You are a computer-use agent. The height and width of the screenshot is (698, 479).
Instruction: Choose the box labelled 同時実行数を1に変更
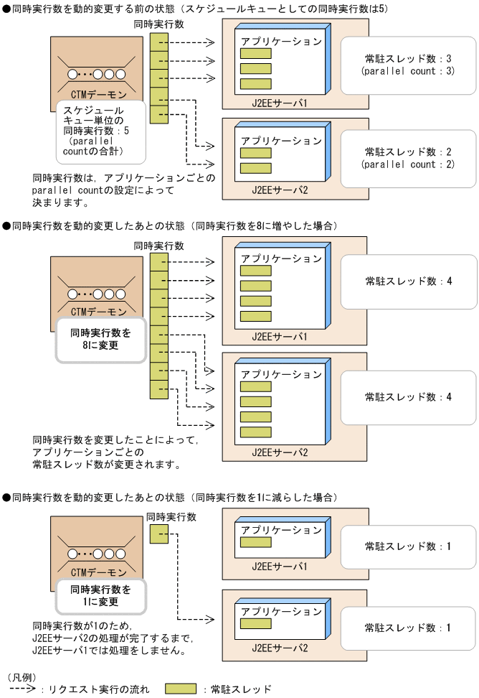click(x=100, y=595)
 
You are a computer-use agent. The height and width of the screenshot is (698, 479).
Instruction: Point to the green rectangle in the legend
click(x=180, y=689)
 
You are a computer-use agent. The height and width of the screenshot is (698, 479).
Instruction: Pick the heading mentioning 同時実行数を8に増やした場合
click(x=169, y=225)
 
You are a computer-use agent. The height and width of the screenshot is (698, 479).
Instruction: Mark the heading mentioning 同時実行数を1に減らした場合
click(x=169, y=497)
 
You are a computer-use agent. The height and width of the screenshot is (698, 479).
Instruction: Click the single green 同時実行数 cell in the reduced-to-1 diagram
click(x=158, y=534)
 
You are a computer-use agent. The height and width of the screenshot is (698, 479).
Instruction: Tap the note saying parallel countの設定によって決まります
click(x=123, y=189)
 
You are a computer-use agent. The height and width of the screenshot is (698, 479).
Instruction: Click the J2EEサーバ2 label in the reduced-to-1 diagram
click(x=279, y=647)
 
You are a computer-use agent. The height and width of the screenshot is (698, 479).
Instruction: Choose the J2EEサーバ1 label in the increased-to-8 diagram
click(x=279, y=336)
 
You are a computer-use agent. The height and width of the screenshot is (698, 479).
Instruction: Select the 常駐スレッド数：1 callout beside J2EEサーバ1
click(x=408, y=546)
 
